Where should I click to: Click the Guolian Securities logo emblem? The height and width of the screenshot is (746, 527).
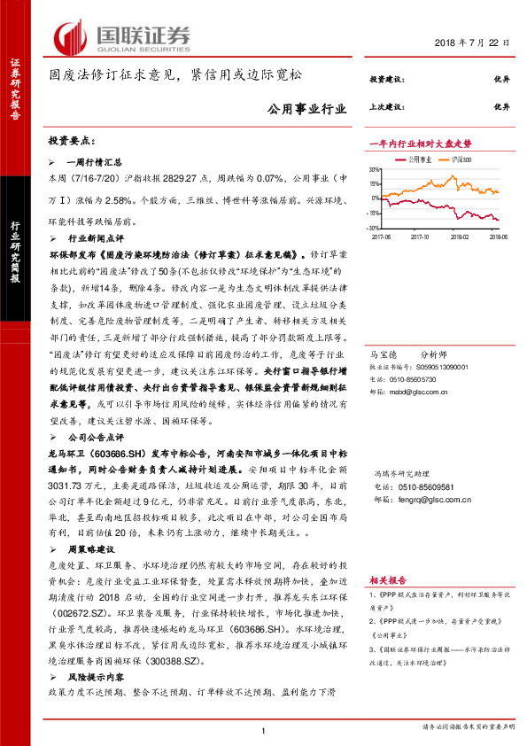pyautogui.click(x=70, y=37)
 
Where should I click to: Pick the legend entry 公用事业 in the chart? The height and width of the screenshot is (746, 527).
pyautogui.click(x=419, y=159)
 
